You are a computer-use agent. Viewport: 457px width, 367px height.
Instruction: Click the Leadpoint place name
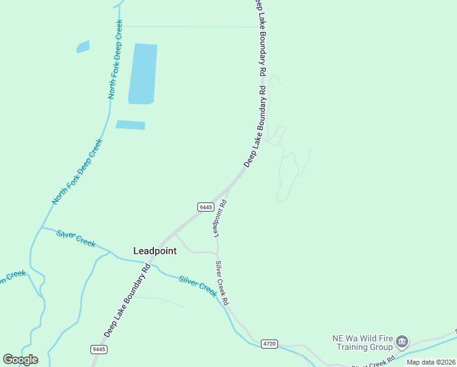pos(155,251)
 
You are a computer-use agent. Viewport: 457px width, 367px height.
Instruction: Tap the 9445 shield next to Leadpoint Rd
pos(205,207)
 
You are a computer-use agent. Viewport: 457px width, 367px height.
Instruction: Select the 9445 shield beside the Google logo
pos(99,349)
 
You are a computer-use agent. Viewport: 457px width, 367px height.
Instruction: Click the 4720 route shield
pos(269,344)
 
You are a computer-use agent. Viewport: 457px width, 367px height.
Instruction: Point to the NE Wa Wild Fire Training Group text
pos(362,343)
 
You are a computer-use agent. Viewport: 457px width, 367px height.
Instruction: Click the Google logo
pos(20,360)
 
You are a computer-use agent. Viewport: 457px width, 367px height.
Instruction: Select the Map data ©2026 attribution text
pos(431,362)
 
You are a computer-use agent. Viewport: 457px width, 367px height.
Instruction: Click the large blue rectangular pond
pos(142,73)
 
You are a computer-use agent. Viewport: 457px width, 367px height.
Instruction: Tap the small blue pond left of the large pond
pos(82,46)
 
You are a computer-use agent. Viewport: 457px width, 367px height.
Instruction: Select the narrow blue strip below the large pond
pos(130,125)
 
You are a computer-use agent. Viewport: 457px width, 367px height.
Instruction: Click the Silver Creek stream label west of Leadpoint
pos(76,238)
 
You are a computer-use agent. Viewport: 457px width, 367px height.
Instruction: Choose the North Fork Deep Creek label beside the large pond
pos(115,59)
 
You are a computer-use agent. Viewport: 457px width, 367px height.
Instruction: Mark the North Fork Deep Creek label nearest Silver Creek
pos(78,172)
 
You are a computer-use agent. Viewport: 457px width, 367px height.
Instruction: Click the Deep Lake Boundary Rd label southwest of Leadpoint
pos(127,300)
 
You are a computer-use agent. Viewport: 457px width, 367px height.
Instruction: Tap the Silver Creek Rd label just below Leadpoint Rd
pos(222,283)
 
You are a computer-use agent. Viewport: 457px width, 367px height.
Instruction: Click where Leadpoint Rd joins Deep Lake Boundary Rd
pos(230,187)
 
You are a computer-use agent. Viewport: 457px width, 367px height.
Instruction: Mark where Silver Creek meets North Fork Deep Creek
pos(41,228)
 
